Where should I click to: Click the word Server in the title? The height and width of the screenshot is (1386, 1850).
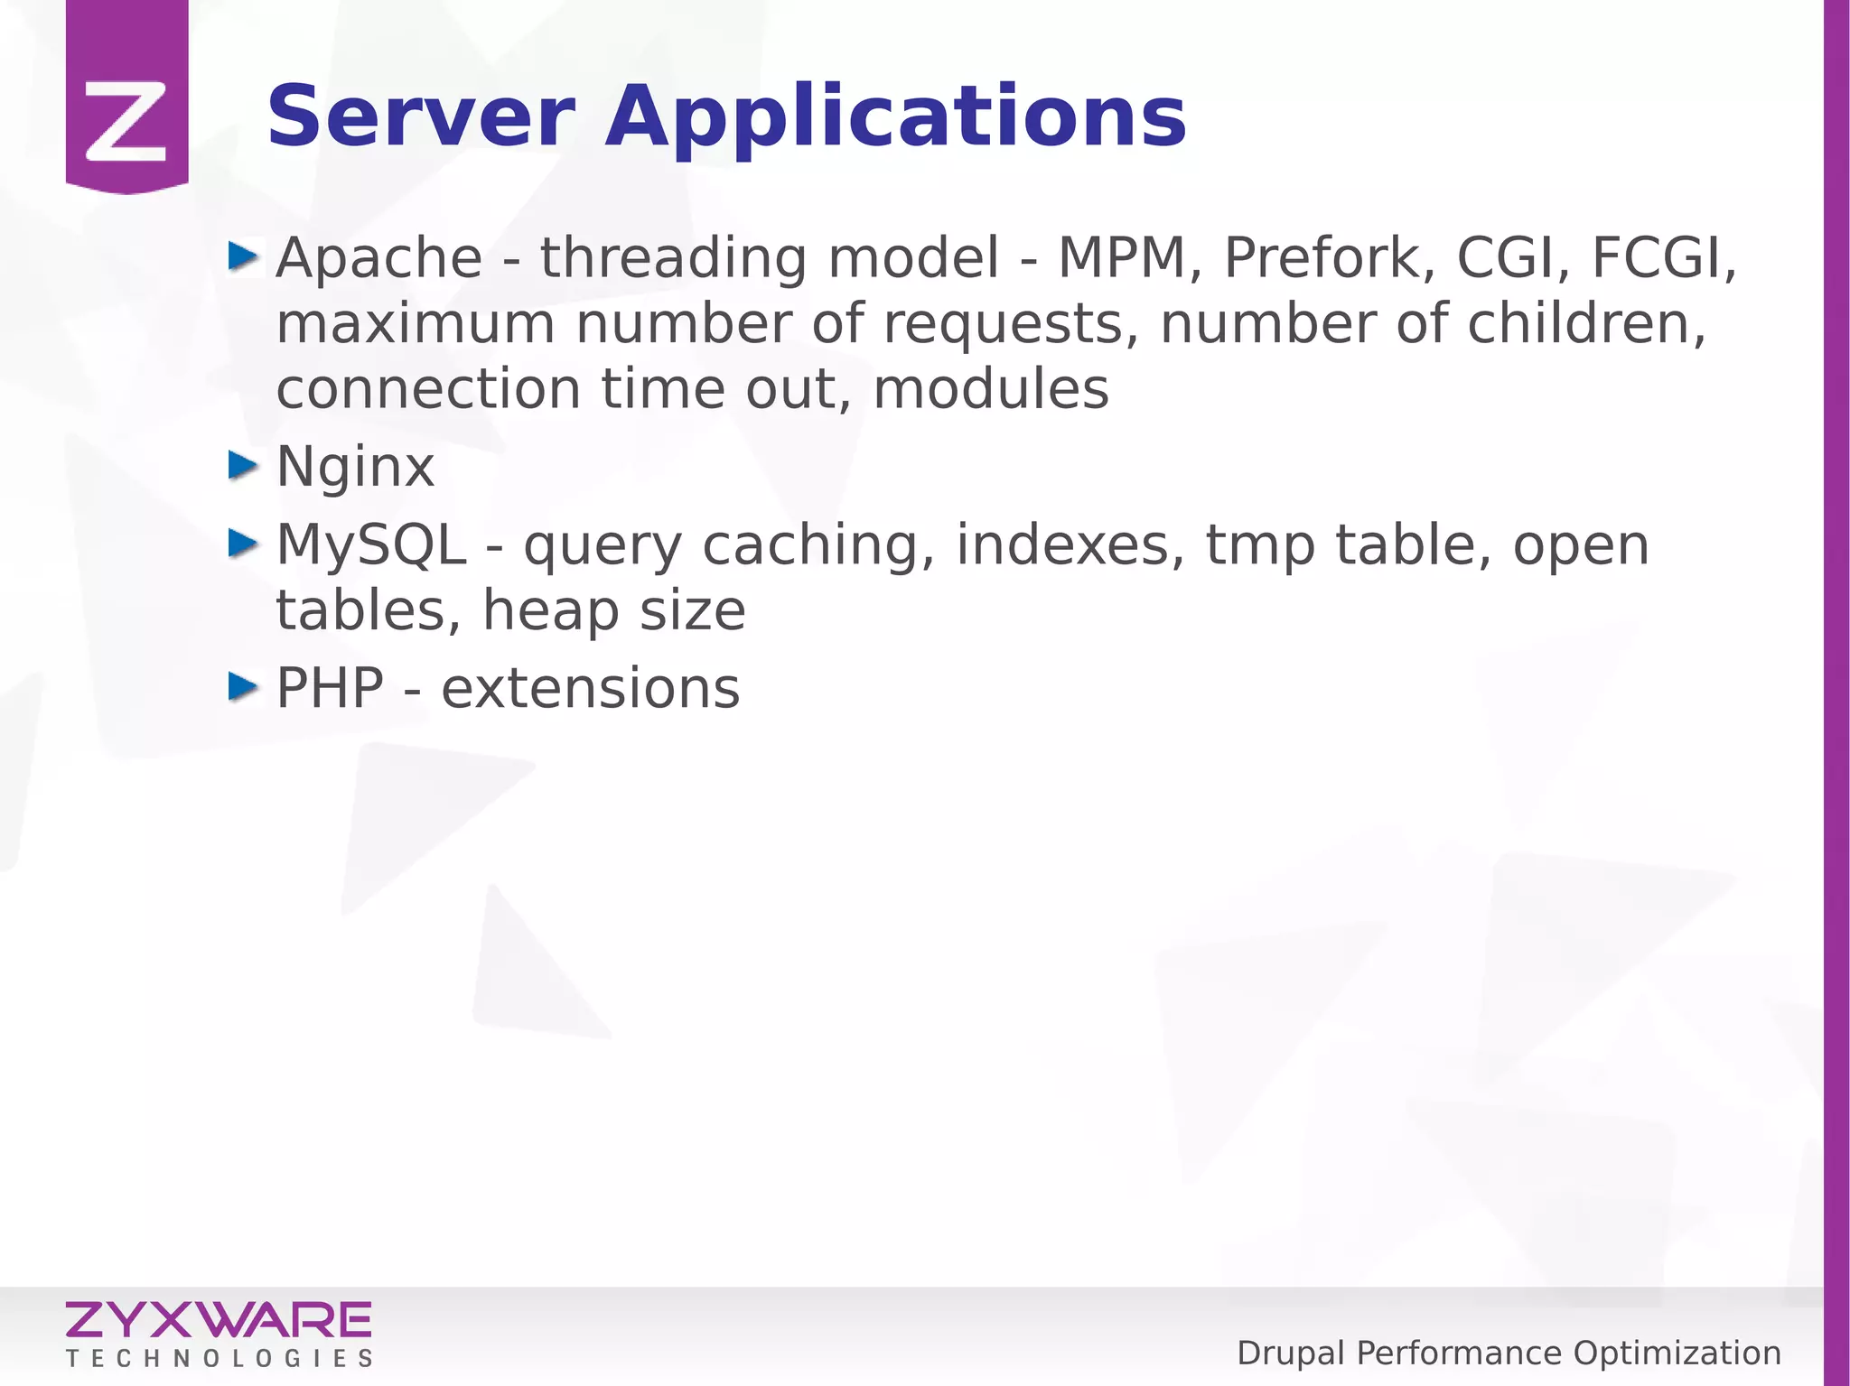[x=421, y=117]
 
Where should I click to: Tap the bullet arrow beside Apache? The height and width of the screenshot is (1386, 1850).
[x=243, y=256]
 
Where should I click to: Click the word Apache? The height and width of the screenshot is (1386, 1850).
[x=379, y=258]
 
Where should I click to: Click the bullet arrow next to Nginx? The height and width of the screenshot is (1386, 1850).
[x=243, y=466]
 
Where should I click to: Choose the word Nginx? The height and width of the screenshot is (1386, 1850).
[x=355, y=468]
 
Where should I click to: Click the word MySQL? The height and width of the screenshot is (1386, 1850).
[x=371, y=545]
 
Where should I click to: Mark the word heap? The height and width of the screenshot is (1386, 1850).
[x=550, y=611]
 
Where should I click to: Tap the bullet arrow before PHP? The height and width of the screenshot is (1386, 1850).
[x=243, y=687]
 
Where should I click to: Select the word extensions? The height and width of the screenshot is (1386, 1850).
[x=590, y=689]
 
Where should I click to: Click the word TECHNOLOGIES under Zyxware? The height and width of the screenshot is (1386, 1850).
[x=219, y=1359]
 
